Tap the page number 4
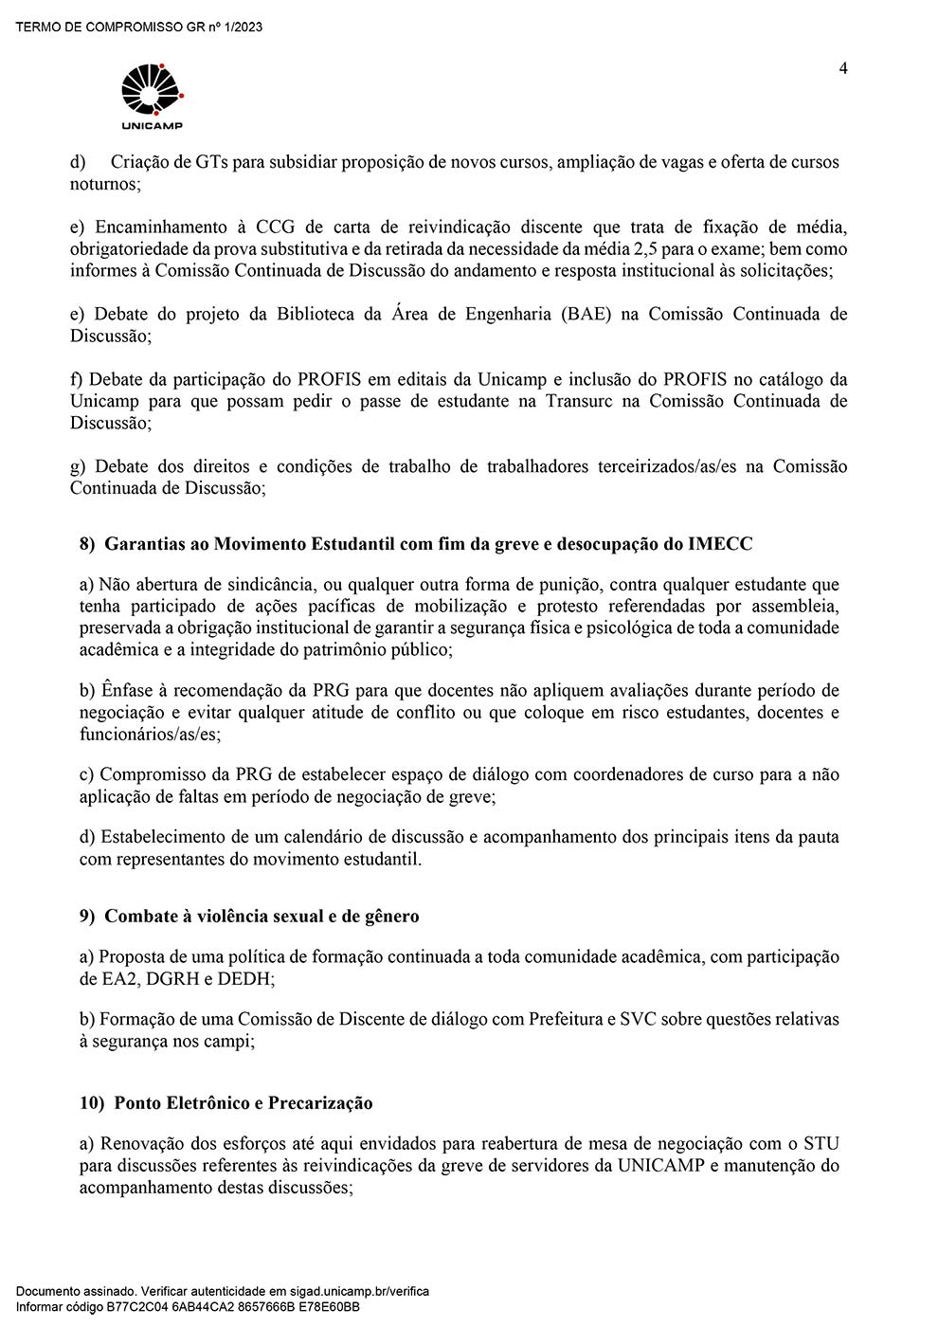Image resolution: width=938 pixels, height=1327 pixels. click(x=843, y=68)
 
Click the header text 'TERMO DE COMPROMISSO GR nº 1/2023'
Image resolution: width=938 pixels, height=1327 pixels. click(x=139, y=27)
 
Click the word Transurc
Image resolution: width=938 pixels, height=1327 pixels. click(x=580, y=401)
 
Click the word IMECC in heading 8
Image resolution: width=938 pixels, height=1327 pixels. click(x=721, y=544)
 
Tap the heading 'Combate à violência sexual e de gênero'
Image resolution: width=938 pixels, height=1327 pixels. click(x=262, y=916)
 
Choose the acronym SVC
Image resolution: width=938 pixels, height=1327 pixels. click(x=637, y=1020)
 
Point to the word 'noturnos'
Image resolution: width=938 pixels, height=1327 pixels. click(x=104, y=184)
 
